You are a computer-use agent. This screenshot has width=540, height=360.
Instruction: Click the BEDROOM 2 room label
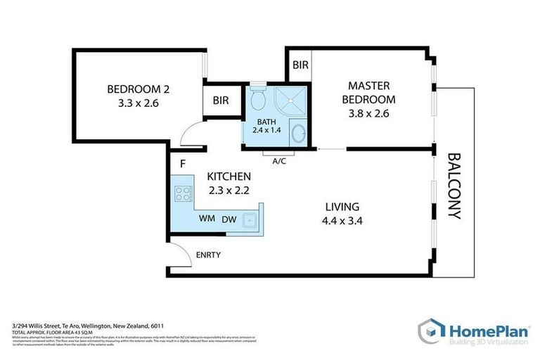pos(139,89)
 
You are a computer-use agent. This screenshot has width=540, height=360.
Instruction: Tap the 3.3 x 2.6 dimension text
pos(139,103)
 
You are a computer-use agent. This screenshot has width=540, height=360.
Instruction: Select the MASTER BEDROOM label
pos(368,92)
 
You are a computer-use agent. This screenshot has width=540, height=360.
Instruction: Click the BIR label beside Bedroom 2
pos(221,101)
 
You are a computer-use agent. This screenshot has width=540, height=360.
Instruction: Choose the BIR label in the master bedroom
pos(300,65)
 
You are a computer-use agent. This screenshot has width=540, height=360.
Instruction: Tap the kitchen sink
pos(249,220)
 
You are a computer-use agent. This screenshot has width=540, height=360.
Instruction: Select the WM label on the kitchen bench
pos(207,219)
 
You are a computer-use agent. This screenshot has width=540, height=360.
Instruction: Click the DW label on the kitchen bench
pos(229,219)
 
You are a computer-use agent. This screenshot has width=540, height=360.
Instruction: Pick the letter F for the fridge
pos(182,165)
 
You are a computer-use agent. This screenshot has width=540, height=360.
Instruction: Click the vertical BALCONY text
pos(454,186)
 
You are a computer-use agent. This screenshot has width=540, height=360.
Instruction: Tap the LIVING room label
pos(342,207)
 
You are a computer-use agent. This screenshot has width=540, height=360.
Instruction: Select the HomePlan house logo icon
pos(430,330)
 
